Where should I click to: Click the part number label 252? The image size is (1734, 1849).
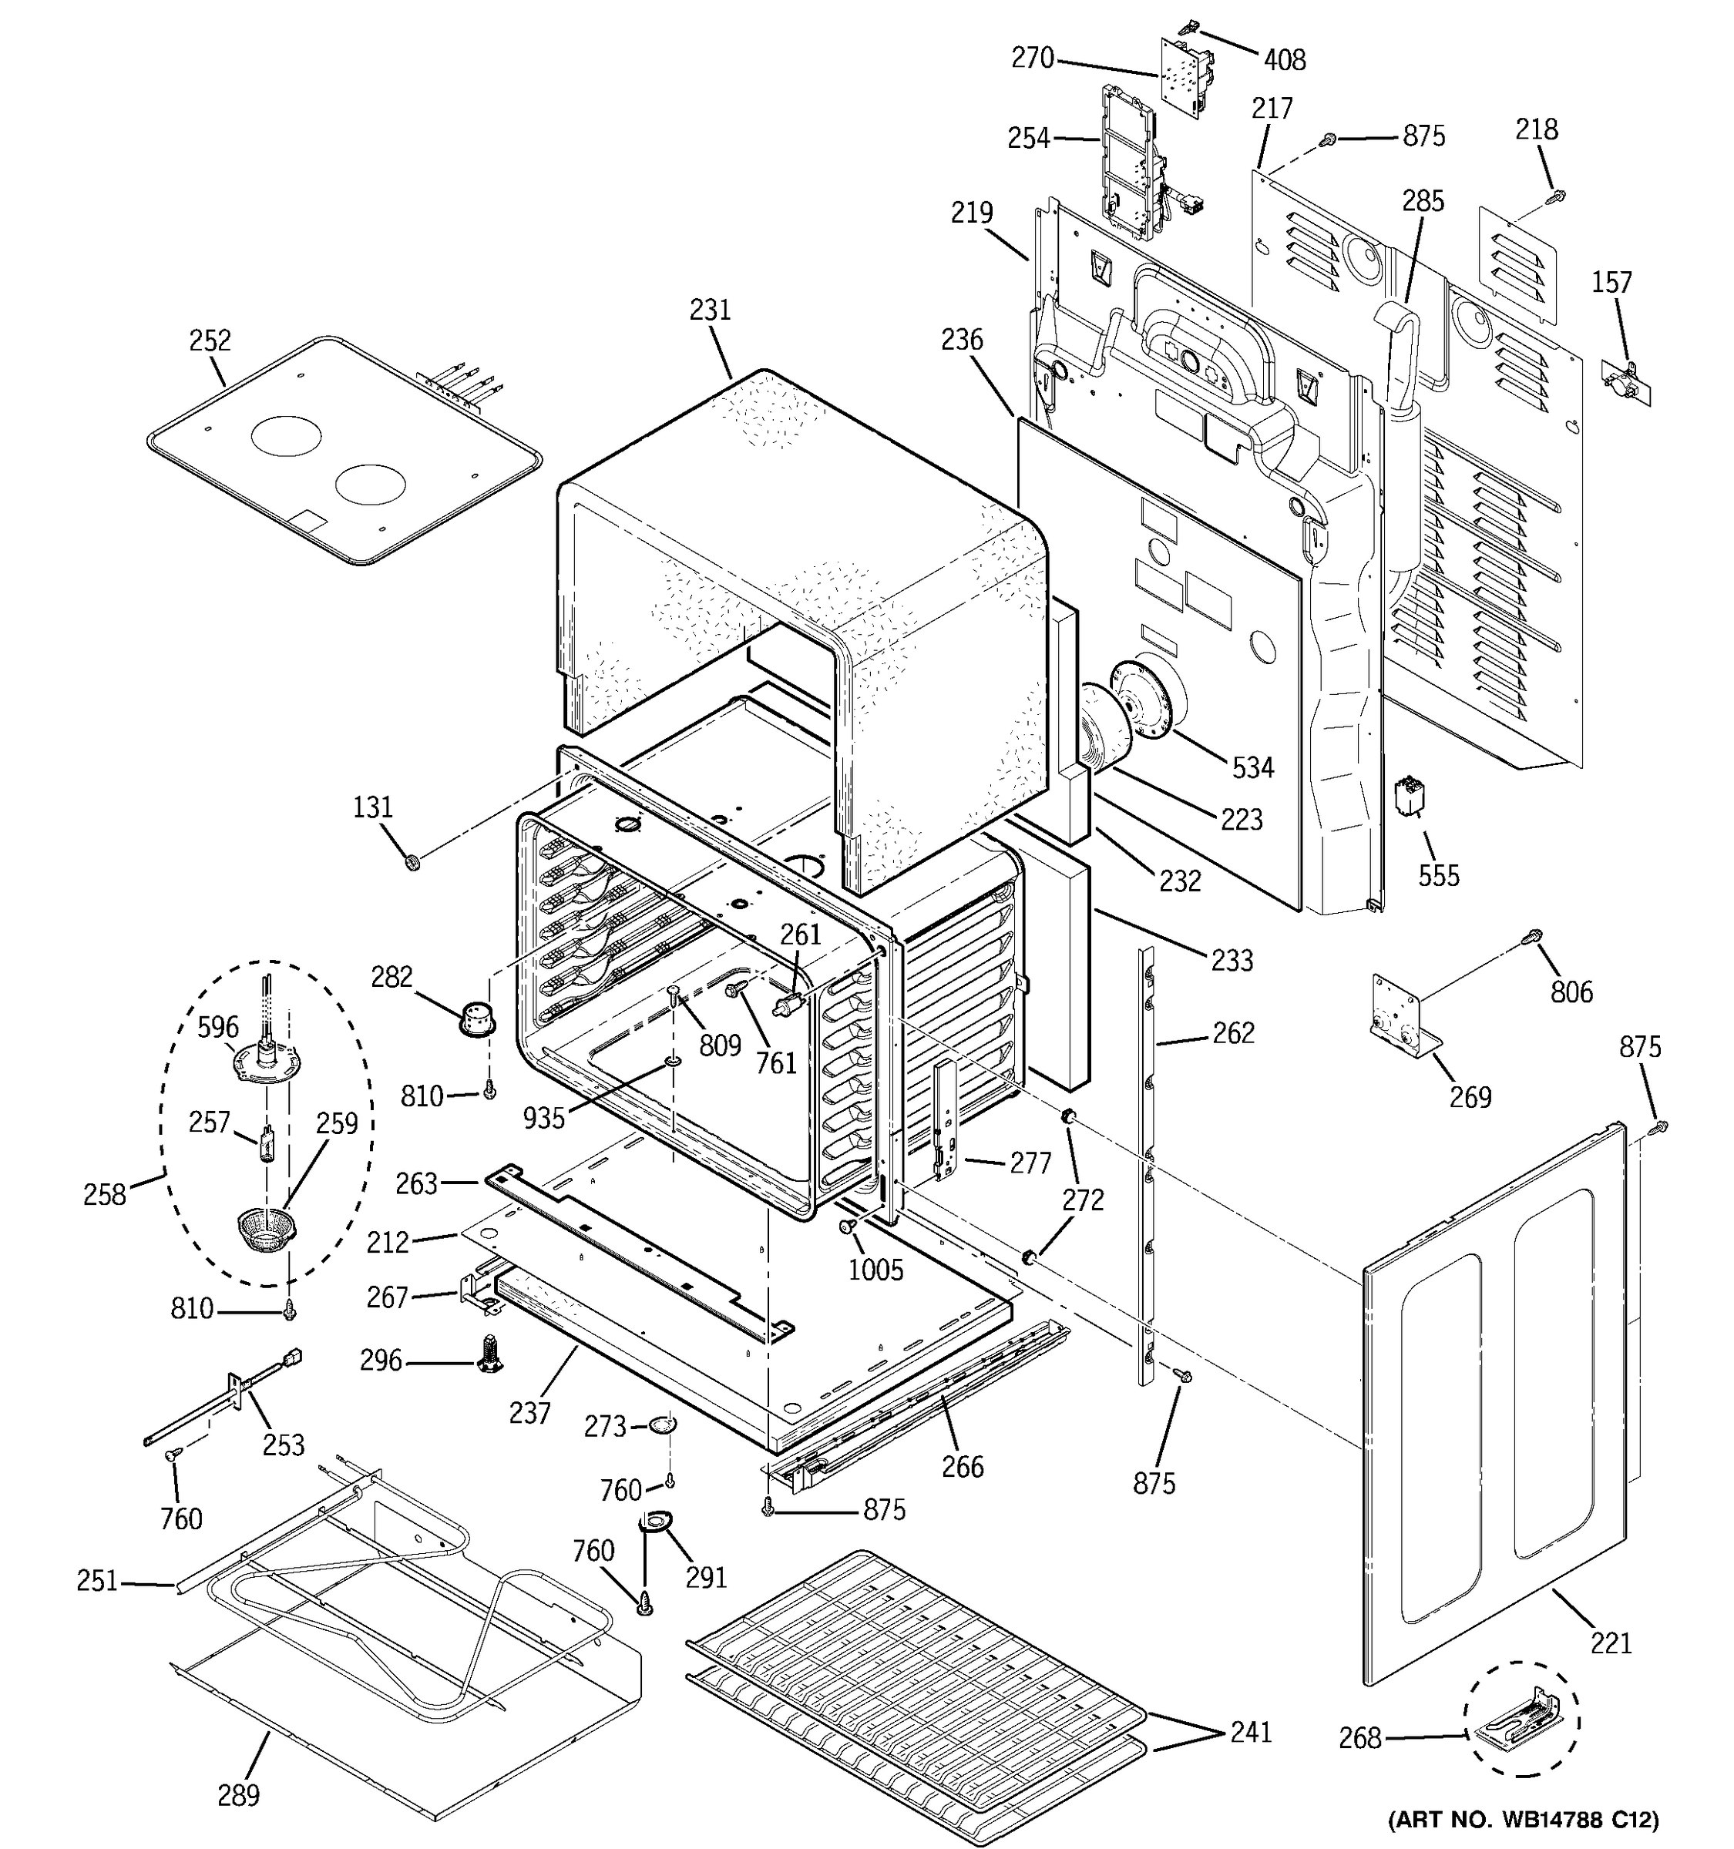point(210,341)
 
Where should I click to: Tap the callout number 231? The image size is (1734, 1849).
point(710,310)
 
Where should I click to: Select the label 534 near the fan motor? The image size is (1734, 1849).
point(1253,767)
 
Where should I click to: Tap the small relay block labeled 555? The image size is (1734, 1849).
point(1410,797)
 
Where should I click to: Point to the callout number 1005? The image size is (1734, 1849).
point(875,1270)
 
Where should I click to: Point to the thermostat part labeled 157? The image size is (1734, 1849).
point(1626,381)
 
